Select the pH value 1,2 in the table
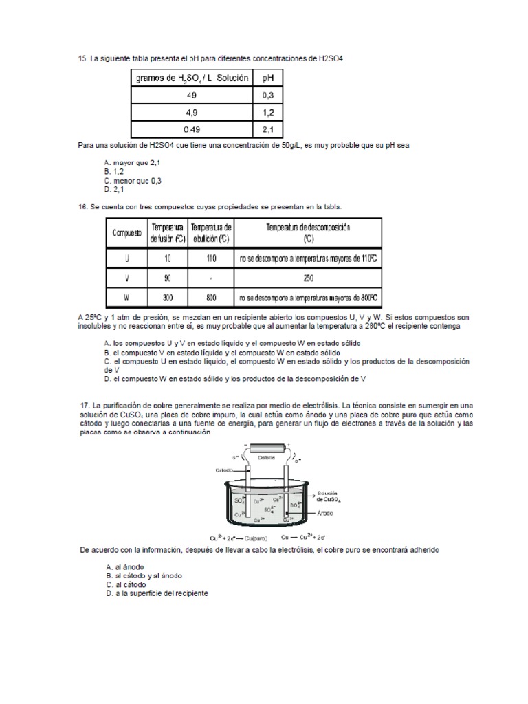(267, 112)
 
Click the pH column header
(267, 78)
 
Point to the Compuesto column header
(126, 232)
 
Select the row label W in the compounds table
(126, 298)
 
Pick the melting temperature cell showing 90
(168, 278)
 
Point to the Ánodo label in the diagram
(326, 513)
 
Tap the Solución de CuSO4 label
(329, 496)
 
